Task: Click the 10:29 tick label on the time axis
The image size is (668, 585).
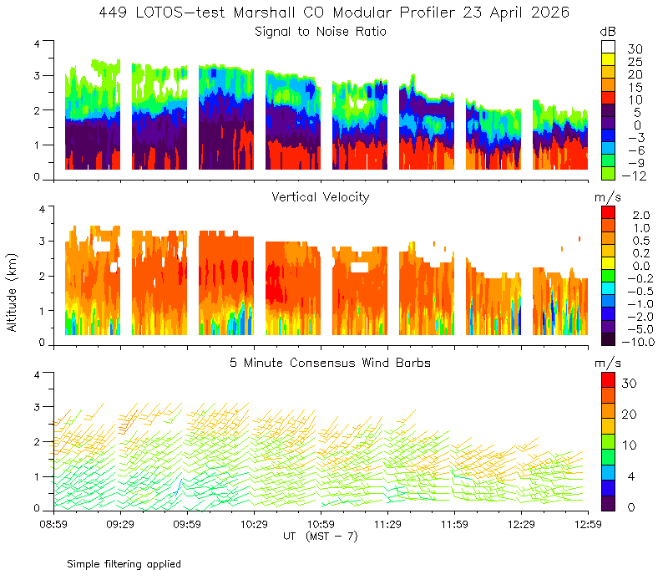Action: click(x=254, y=524)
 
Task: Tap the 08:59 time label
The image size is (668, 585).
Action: click(x=53, y=524)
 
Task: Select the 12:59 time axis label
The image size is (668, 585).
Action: click(x=588, y=524)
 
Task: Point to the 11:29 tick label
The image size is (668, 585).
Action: click(x=387, y=524)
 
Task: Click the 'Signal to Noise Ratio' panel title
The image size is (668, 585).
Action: click(x=321, y=32)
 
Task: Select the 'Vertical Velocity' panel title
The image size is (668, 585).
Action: click(x=321, y=197)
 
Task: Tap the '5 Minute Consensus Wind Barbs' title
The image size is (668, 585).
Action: click(x=330, y=363)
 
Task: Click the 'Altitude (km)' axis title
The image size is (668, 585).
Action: click(x=12, y=292)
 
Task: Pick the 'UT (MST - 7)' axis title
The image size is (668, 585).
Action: click(x=321, y=537)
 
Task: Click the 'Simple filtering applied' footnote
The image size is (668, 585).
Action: click(x=124, y=564)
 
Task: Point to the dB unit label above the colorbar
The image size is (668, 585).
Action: click(x=608, y=32)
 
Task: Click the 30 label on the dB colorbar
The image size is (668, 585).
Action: click(x=635, y=49)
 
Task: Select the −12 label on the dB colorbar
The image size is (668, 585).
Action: click(x=634, y=175)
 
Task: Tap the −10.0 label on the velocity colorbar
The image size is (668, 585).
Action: click(x=638, y=342)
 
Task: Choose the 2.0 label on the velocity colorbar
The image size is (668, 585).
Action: click(x=641, y=216)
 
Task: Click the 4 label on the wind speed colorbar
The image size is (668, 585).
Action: click(x=631, y=476)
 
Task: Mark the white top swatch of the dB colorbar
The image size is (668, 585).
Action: click(x=609, y=47)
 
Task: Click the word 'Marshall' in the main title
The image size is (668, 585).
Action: click(x=264, y=13)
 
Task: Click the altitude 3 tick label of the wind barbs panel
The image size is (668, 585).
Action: click(x=37, y=407)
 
